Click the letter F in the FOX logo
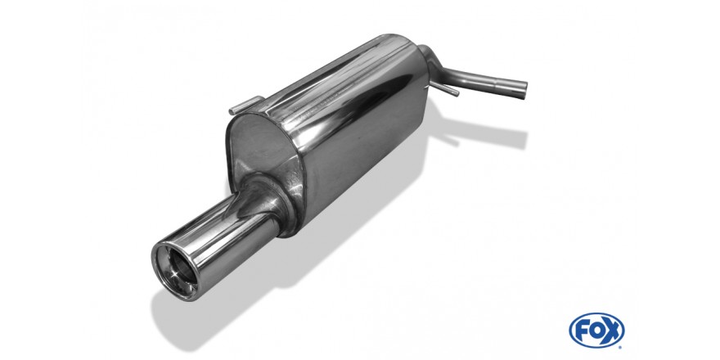click(x=582, y=330)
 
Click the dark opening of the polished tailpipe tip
click(x=177, y=269)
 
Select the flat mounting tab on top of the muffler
click(x=245, y=106)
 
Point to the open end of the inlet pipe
click(x=522, y=89)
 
